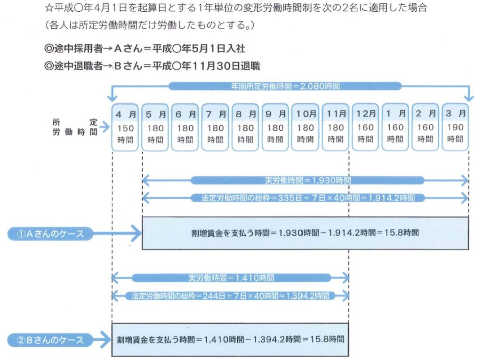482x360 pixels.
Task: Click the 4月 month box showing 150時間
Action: pos(125,127)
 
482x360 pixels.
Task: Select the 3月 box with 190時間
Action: pos(455,127)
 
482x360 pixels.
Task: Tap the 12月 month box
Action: pos(365,127)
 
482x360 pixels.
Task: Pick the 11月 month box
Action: pos(335,127)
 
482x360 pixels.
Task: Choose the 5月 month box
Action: pos(155,127)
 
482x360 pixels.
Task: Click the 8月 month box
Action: pos(245,127)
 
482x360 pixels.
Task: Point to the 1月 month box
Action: pos(395,127)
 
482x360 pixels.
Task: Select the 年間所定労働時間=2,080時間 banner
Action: pos(285,86)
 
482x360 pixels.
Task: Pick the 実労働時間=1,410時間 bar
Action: pos(230,278)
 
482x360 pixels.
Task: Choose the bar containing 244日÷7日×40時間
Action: pos(230,296)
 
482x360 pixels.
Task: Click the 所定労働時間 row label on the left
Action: pos(75,127)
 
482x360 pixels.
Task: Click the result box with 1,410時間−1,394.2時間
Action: pos(230,339)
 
